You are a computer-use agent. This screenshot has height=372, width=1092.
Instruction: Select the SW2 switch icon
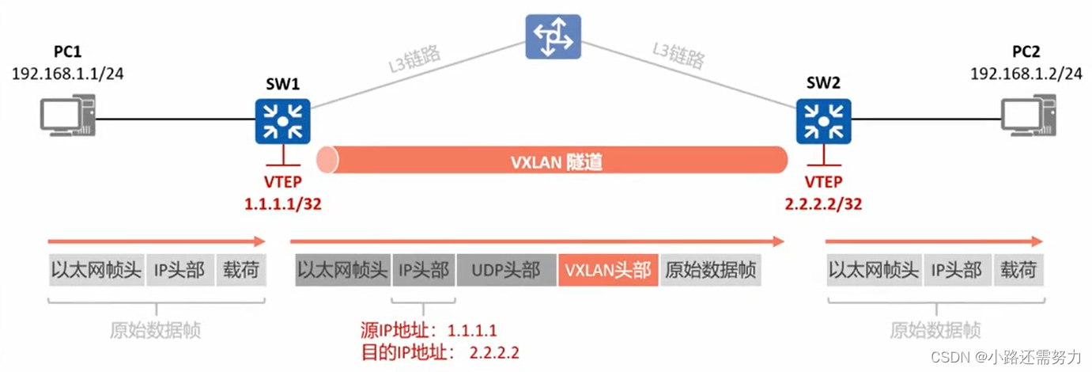[x=824, y=121]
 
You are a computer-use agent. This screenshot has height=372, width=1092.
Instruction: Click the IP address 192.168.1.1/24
[x=68, y=74]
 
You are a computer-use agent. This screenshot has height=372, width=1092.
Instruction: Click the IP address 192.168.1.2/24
[x=1026, y=74]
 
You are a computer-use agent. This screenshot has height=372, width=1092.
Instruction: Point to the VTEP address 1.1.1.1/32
[x=282, y=203]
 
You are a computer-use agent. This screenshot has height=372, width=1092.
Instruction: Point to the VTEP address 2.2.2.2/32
[x=823, y=203]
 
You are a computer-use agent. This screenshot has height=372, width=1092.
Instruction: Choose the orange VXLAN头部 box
[x=607, y=271]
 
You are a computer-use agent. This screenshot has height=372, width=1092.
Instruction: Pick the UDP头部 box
[x=506, y=271]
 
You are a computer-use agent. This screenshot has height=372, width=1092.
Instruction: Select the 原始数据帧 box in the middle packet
[x=710, y=271]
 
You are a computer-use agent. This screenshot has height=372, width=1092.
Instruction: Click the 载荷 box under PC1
[x=240, y=271]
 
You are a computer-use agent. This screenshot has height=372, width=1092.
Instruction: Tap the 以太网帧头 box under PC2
[x=874, y=271]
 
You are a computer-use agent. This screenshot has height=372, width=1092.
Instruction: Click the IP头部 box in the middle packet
[x=423, y=271]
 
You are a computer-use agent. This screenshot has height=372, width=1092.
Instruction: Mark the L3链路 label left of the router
[x=414, y=60]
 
